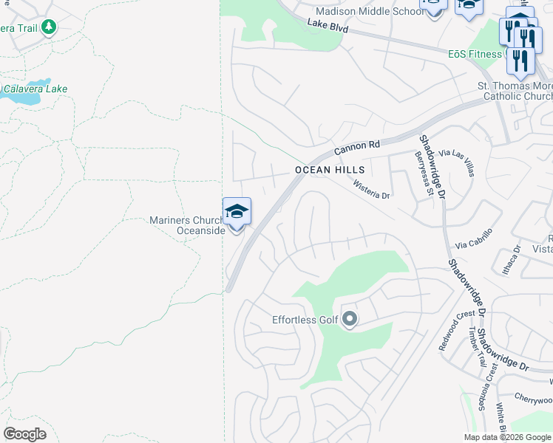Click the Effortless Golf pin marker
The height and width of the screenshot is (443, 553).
pos(350,320)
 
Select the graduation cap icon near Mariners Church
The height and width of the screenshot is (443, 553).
pos(237,213)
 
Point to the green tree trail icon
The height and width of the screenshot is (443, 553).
pos(49,27)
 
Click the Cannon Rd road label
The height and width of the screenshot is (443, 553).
pos(356,148)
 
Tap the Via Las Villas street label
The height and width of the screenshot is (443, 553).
pos(456,162)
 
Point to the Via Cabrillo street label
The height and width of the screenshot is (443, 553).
pos(474,244)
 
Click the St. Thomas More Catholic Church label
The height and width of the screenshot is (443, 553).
pos(515,92)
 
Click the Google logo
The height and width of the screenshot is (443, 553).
pos(24,434)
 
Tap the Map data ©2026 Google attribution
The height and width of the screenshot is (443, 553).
pos(508,437)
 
